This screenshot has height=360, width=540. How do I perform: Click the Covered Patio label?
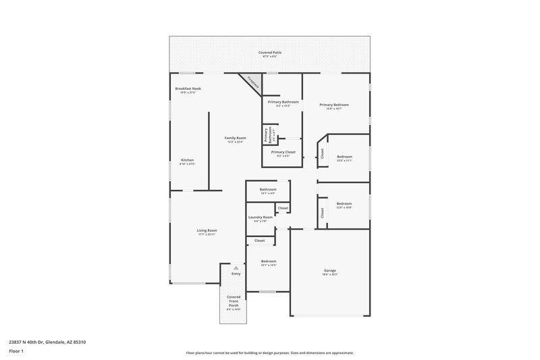pos(269,52)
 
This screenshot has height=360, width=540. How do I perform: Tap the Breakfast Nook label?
pos(188,88)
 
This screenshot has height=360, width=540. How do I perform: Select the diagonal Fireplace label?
pos(252,83)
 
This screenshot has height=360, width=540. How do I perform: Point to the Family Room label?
pos(235,138)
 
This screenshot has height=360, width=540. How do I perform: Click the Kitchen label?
pos(187,160)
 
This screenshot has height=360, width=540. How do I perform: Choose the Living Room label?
pos(207,230)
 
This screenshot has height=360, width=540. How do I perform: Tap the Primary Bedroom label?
pos(334,105)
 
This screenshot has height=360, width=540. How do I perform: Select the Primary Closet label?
pos(283,152)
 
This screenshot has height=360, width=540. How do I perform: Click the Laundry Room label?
pos(260,217)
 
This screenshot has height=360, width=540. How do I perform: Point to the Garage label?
pos(329,270)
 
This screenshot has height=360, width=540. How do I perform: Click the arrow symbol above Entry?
pos(236,267)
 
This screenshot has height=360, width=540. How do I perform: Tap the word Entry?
pos(236,274)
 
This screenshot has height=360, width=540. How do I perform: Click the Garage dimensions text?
pos(329,275)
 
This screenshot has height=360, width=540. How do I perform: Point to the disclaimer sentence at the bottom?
pos(269,353)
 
